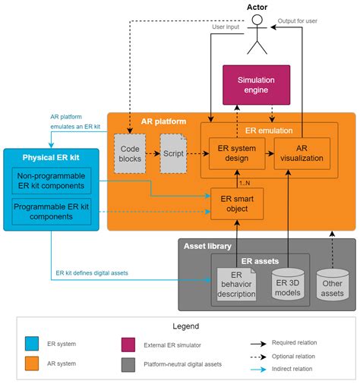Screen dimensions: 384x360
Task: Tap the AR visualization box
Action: pos(302,153)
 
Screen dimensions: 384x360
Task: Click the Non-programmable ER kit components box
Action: pos(51,181)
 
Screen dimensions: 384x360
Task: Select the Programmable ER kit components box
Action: pos(51,212)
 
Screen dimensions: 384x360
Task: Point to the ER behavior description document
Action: pos(237,284)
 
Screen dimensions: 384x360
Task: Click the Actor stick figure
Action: pos(257,36)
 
